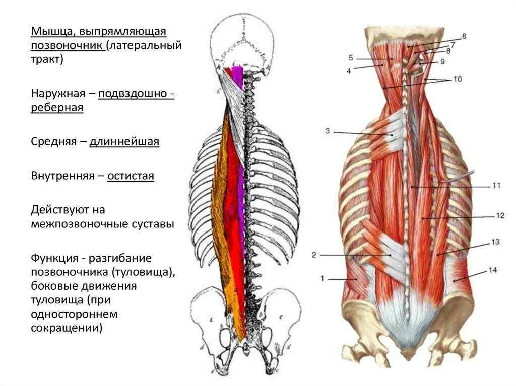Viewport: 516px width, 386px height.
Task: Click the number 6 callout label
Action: tap(464, 36)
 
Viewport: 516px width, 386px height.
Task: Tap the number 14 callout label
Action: tap(492, 270)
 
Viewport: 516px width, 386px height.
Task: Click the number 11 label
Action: tap(496, 186)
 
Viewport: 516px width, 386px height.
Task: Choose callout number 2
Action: tap(314, 255)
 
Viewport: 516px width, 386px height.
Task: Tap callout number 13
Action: tap(495, 242)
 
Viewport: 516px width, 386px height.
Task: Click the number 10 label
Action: tap(457, 79)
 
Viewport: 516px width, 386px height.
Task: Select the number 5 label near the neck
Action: tap(351, 58)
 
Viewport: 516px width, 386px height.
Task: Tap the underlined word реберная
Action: tap(57, 108)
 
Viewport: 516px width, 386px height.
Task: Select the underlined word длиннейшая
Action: tap(124, 142)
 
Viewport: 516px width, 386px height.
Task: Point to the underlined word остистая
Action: tap(131, 176)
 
